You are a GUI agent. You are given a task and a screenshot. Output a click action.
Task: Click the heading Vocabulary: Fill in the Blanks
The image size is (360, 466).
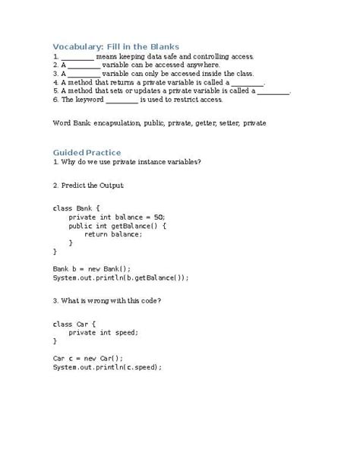point(115,46)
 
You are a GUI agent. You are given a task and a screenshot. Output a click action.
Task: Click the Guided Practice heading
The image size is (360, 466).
point(87,152)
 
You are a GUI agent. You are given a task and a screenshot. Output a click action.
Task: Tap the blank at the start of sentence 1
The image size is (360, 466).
point(77,57)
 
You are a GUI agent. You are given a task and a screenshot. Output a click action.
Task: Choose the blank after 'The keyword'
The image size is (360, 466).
point(122,99)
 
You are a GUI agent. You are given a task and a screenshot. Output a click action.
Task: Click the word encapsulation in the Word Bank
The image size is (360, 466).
point(122,122)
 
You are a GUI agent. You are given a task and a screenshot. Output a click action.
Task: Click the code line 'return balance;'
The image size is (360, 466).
point(113,234)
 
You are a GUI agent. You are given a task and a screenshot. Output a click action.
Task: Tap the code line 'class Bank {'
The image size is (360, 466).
point(76,208)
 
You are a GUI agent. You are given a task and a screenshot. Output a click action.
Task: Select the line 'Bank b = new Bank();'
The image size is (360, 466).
point(92,268)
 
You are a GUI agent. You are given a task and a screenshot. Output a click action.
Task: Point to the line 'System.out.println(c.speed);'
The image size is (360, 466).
point(107,367)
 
